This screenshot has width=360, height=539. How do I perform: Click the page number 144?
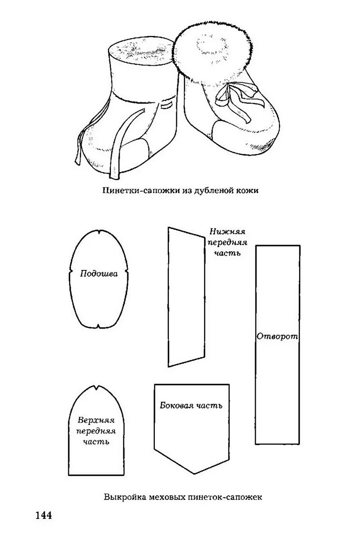tap(43, 515)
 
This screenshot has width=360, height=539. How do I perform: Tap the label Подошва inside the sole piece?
tap(99, 274)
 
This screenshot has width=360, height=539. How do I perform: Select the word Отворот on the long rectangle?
tap(277, 336)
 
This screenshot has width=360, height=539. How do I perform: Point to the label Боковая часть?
tap(191, 405)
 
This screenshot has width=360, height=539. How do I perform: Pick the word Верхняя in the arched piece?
tap(96, 420)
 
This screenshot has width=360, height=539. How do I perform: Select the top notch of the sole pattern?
tap(99, 232)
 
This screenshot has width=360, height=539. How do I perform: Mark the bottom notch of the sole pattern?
tap(99, 326)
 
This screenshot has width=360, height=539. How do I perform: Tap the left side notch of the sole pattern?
tap(71, 273)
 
